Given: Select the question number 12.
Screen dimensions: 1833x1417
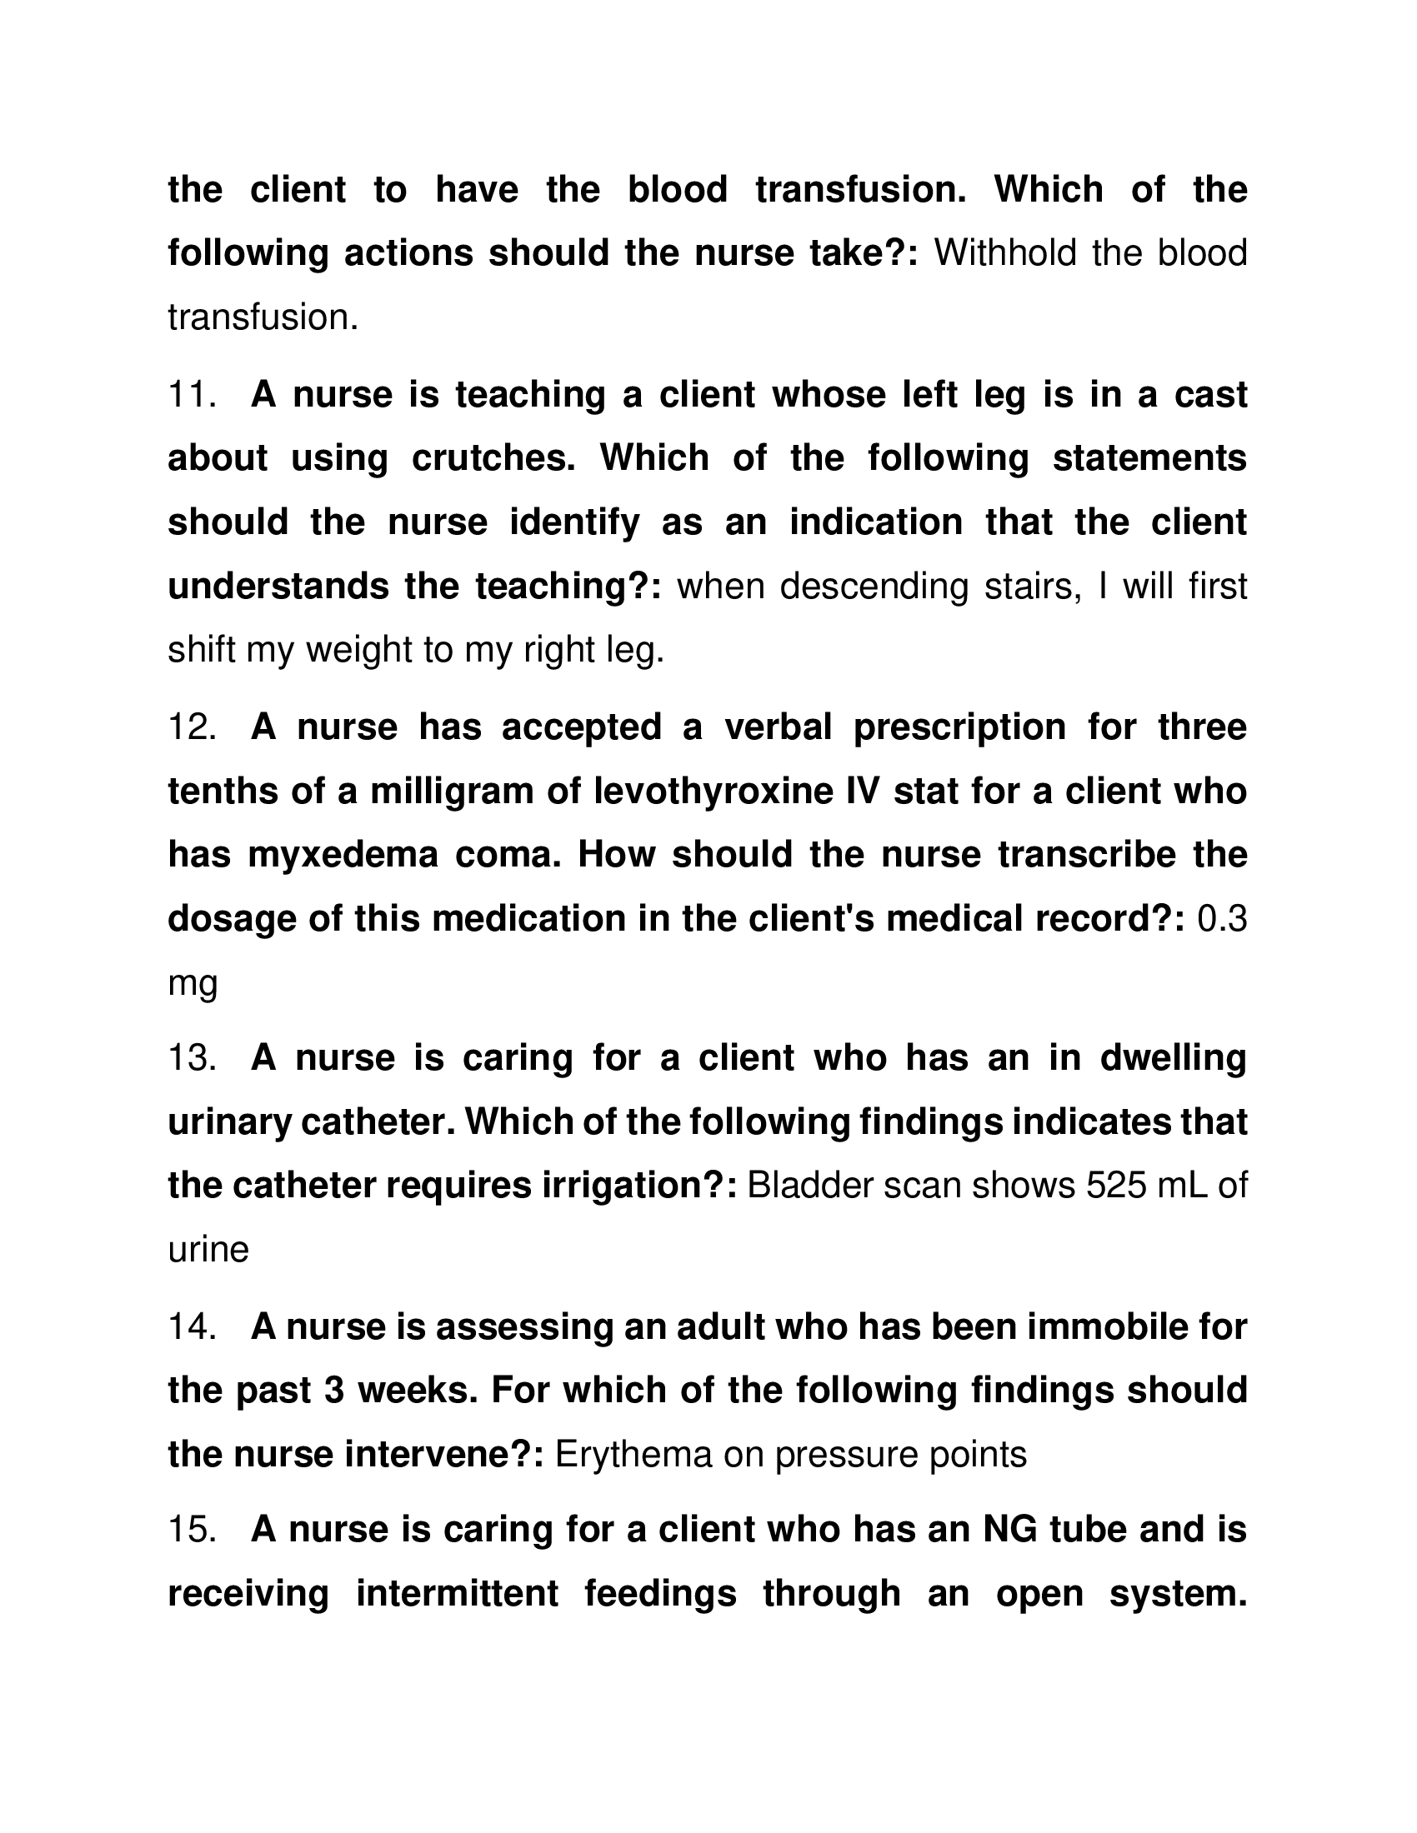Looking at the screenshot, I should (192, 727).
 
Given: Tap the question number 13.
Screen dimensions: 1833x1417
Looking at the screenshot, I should (192, 1057).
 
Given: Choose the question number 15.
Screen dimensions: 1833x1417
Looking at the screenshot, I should (192, 1529).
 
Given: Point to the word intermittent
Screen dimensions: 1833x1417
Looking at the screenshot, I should (458, 1593).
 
